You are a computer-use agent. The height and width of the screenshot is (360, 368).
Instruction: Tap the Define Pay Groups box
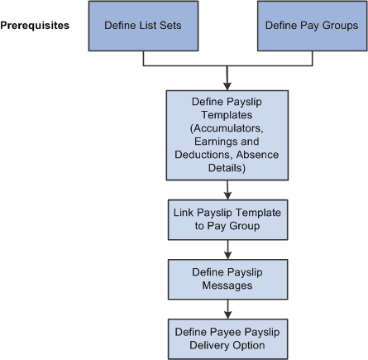311,26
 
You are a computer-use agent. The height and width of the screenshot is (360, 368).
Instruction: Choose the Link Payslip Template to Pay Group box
227,219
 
